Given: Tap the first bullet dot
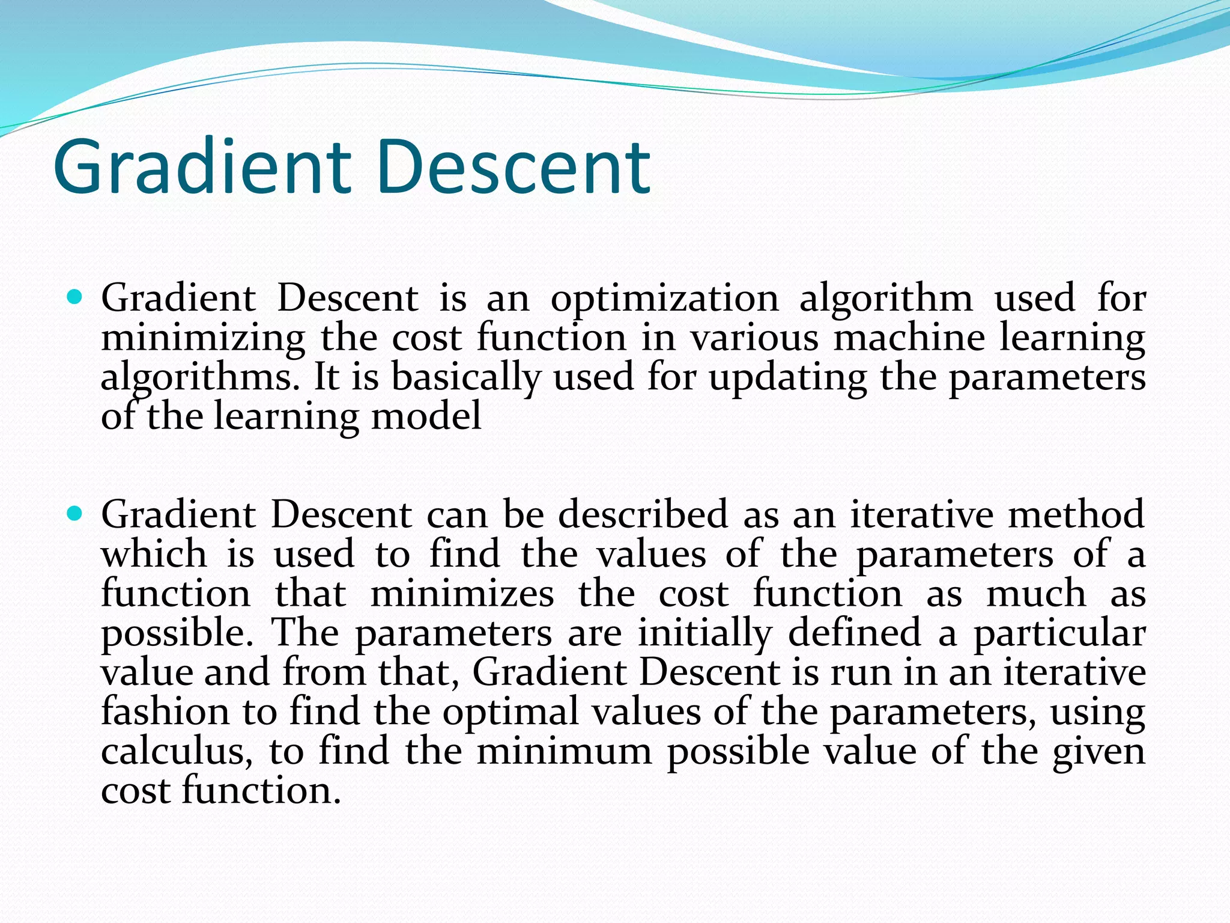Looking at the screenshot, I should tap(74, 297).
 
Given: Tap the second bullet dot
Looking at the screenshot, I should tap(74, 514).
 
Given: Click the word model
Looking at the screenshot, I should tap(426, 416).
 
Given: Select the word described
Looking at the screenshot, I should tap(643, 514).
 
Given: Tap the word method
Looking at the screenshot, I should tap(1076, 514).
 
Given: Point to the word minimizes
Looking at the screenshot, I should tap(462, 594).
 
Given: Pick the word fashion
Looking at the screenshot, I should tap(165, 711).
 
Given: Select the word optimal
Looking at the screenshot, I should tap(510, 711).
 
